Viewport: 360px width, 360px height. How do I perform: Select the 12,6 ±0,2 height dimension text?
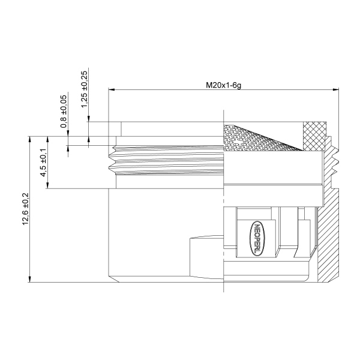pos(25,208)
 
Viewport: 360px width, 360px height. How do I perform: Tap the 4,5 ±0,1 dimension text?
pos(43,167)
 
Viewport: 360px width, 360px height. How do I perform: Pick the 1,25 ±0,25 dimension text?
pos(84,89)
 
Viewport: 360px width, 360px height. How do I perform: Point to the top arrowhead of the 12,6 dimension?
pos(29,139)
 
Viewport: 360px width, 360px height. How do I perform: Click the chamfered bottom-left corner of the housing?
pos(111,278)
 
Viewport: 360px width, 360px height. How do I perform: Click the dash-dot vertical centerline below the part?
pos(223,287)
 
